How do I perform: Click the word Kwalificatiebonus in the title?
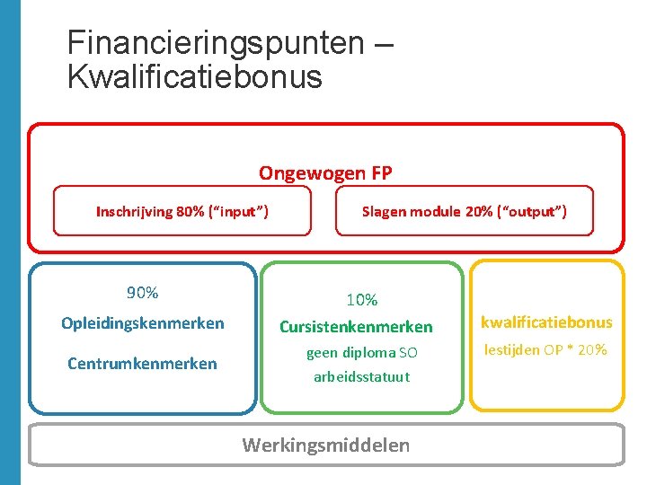(x=194, y=76)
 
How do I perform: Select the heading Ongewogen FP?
(x=325, y=172)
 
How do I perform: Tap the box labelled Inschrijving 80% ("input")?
(x=182, y=212)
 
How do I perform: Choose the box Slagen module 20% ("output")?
(x=464, y=212)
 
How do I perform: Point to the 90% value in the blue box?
(x=142, y=293)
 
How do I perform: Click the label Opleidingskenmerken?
(x=142, y=323)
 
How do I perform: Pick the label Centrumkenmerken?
(x=142, y=364)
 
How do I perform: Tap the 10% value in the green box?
(x=362, y=300)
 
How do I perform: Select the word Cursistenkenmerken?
(x=356, y=327)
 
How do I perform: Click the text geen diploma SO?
(x=362, y=353)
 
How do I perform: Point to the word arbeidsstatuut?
(x=361, y=377)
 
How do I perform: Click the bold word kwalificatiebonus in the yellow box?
(x=546, y=322)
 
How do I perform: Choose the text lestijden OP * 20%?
(x=546, y=349)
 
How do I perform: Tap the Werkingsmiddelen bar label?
(x=326, y=445)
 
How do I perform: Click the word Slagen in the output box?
(x=384, y=212)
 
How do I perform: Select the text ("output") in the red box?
(x=535, y=212)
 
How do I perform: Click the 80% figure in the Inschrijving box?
(x=191, y=212)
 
